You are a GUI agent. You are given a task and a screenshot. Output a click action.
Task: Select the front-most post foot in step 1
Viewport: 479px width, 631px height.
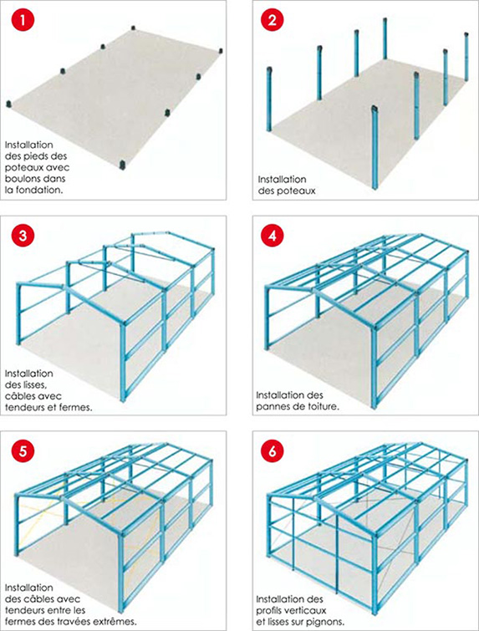coord(124,165)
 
